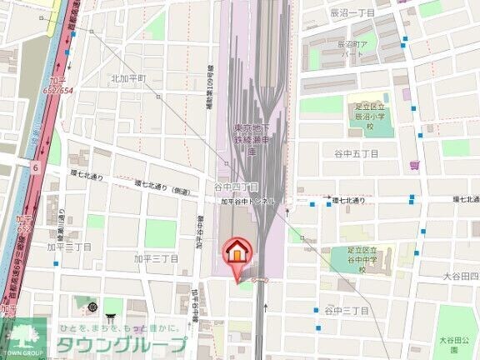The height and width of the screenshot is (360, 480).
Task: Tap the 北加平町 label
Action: pos(128,78)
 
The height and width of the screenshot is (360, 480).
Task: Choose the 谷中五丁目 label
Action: pos(356,154)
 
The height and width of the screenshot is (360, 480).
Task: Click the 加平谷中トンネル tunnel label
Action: pos(253,202)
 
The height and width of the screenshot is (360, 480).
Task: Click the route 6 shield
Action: pos(36,167)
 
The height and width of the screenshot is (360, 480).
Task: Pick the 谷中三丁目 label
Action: pos(347,310)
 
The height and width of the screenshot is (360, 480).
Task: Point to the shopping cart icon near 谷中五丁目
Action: pos(414,165)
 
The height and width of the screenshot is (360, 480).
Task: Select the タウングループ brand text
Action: pos(121,344)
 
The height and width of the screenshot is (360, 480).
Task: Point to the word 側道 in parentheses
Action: pos(180,189)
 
